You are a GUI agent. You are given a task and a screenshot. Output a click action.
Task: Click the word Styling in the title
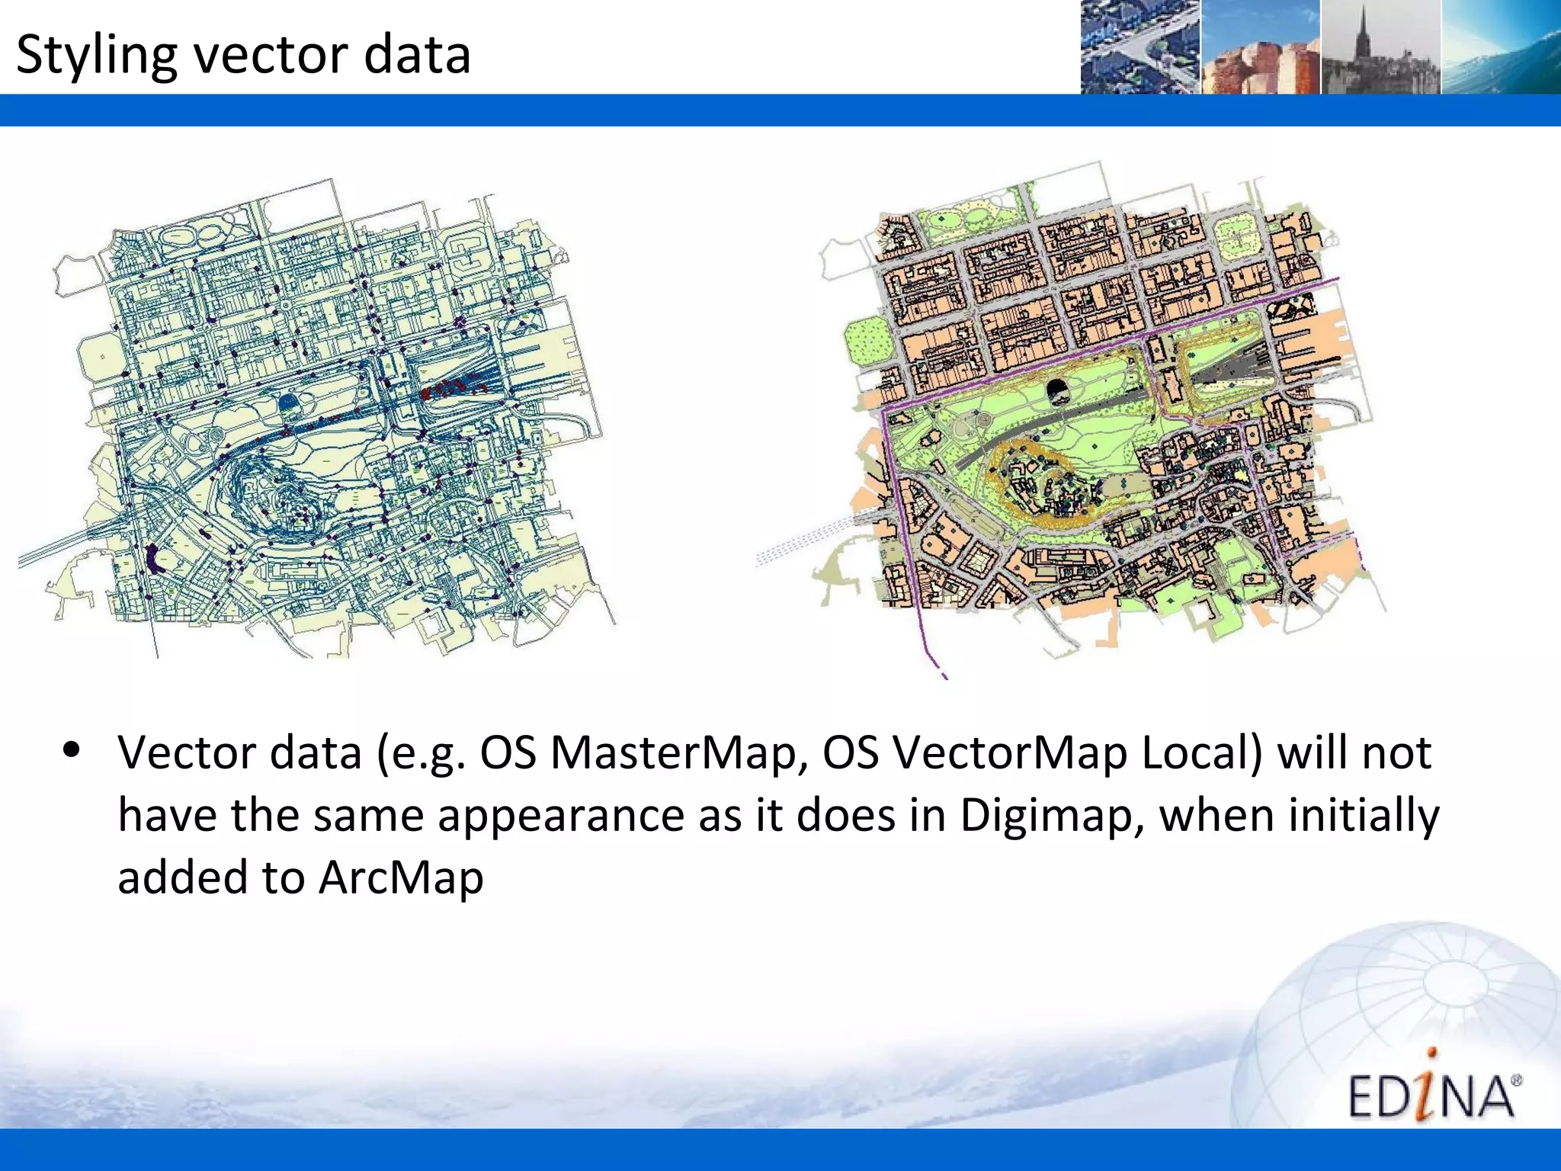[x=96, y=55]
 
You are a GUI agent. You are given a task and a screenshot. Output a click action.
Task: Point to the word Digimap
[x=1050, y=815]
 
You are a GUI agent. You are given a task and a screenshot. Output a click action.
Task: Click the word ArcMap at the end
[x=401, y=877]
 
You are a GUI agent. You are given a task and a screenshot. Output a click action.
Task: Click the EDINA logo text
[x=1431, y=1096]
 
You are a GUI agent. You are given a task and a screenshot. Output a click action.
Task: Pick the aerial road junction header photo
[x=1139, y=47]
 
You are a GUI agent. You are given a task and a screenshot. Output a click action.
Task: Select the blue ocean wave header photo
[x=1500, y=47]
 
